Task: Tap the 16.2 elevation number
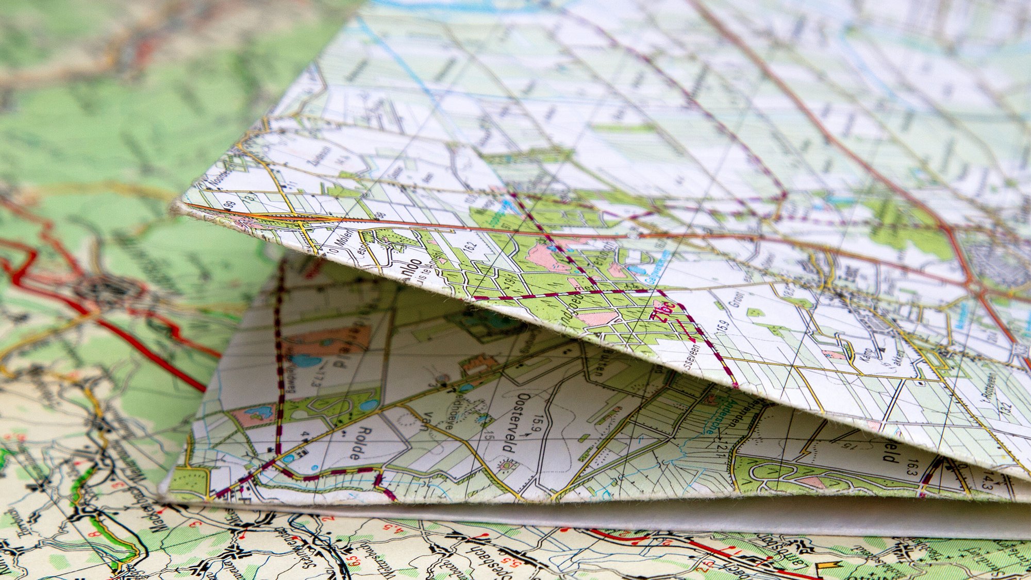(x=470, y=247)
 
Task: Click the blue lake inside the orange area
(x=306, y=360)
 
